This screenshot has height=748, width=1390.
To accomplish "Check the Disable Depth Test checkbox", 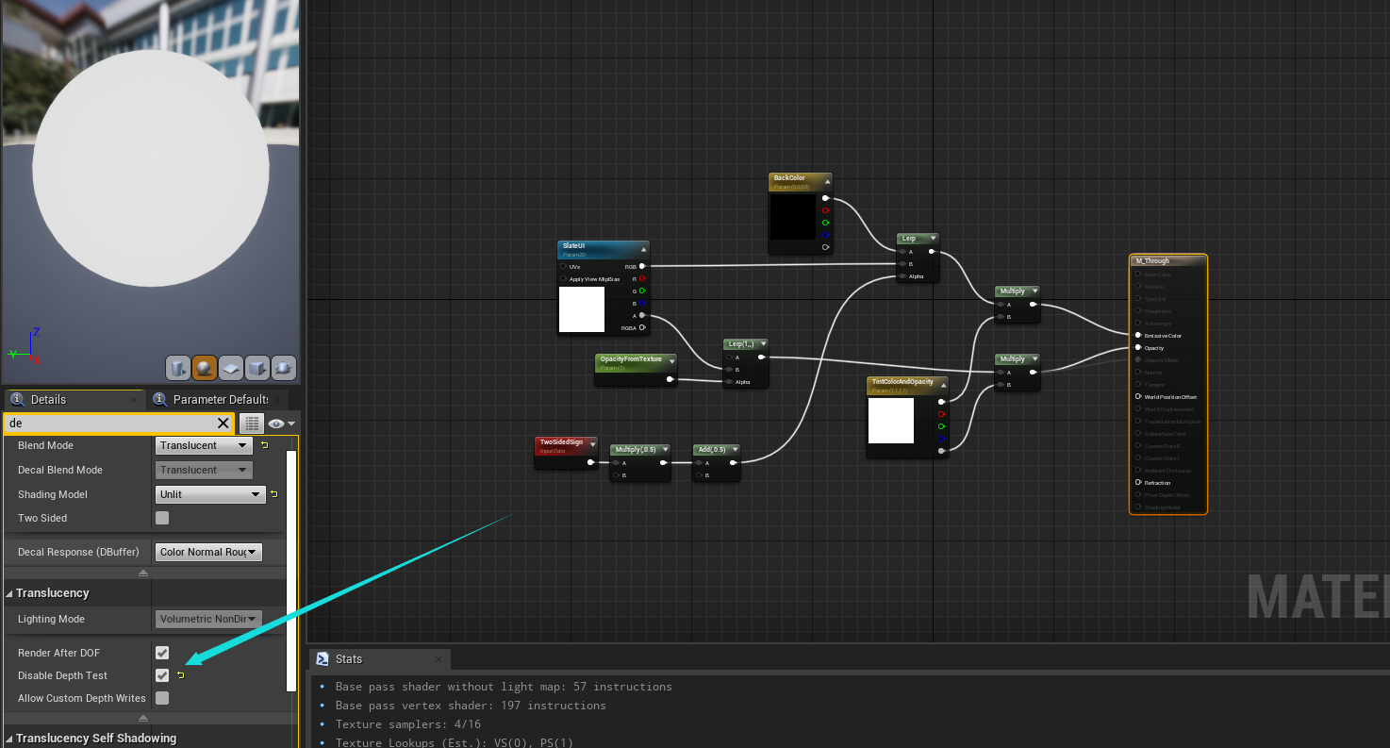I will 162,675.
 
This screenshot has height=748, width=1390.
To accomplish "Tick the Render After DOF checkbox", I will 162,653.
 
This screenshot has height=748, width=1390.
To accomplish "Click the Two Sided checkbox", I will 162,518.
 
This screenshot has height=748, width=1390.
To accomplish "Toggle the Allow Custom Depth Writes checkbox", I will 162,698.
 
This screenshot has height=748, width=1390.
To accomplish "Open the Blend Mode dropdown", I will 204,445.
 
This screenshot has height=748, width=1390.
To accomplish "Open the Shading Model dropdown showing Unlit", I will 210,494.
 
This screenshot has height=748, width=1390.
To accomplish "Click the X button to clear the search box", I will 223,424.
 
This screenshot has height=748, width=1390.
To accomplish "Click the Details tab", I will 47,399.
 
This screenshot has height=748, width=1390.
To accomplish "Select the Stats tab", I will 348,659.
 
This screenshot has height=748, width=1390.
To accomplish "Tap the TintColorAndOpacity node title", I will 905,384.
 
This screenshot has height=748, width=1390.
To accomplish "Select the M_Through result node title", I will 1167,261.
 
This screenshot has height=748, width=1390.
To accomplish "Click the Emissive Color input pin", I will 1139,335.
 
